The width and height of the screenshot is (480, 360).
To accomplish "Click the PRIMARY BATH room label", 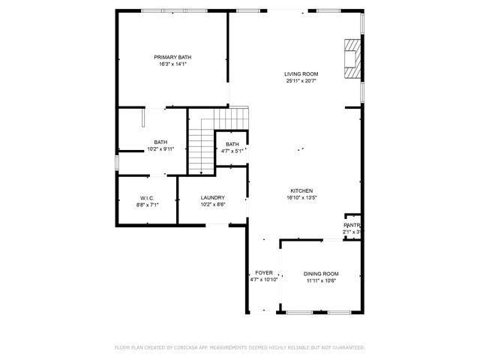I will (172, 58).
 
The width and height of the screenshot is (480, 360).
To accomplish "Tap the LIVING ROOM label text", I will (301, 73).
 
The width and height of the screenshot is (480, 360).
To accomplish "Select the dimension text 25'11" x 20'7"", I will (301, 81).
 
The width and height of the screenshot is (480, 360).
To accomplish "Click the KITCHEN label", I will (301, 190).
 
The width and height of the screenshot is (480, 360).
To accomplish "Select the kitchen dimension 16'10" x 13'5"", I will (301, 198).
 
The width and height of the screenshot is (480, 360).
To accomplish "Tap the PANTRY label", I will (352, 225).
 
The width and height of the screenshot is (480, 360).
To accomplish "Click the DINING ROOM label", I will (321, 274).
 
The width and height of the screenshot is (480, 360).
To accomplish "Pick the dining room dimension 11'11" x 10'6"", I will (321, 281).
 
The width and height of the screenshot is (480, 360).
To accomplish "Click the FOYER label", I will (264, 272).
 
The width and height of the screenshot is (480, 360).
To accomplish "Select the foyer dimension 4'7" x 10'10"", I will (264, 279).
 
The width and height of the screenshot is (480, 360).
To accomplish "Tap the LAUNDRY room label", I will (212, 197).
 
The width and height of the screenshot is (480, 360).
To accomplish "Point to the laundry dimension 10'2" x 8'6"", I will (212, 204).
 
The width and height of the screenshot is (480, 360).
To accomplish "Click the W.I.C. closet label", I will (147, 197).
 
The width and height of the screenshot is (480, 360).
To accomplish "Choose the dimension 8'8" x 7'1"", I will (147, 204).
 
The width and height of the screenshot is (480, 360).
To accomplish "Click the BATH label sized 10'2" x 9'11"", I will (160, 142).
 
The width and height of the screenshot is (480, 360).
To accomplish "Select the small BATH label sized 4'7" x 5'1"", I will (232, 144).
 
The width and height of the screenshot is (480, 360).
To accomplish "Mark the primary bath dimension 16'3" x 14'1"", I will (172, 64).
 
